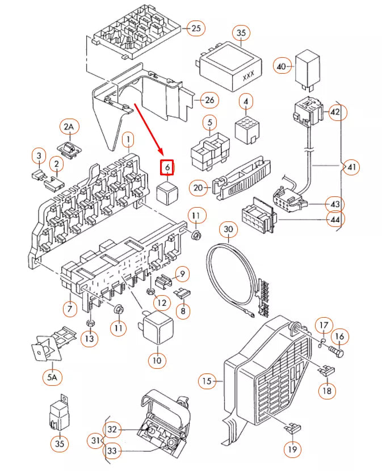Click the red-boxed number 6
167,167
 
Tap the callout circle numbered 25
196,28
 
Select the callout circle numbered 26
209,100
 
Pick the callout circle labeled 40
282,66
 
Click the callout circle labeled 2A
69,127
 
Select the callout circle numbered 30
228,230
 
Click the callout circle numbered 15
207,381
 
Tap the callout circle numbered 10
157,360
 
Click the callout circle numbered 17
323,326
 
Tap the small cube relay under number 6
167,192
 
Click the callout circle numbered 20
198,187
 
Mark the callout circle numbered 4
245,102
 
